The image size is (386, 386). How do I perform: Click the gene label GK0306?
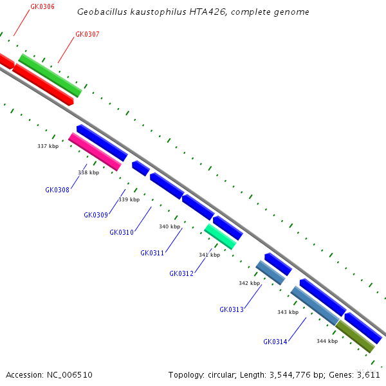point(42,6)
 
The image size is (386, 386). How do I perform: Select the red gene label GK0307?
point(87,34)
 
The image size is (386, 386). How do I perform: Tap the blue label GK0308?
point(57,190)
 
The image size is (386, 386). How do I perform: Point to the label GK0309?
point(96,215)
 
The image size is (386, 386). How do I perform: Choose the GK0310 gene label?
point(122,232)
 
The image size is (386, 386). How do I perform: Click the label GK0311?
point(152,253)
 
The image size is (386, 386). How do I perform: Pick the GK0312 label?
point(181,273)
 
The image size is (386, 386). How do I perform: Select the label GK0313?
point(232,309)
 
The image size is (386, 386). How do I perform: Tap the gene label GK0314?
point(275,342)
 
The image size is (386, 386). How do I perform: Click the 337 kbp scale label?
point(48,146)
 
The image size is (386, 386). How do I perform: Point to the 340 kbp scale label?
point(170,226)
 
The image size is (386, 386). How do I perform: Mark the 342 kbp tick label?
point(249,283)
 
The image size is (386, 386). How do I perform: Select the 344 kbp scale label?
point(327,341)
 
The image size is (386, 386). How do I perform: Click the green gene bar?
point(50,75)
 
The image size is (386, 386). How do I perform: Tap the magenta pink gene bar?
point(95,152)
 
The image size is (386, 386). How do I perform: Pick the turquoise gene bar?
point(220,236)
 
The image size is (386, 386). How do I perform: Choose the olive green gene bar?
point(355,336)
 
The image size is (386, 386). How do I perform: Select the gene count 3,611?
point(367,374)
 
